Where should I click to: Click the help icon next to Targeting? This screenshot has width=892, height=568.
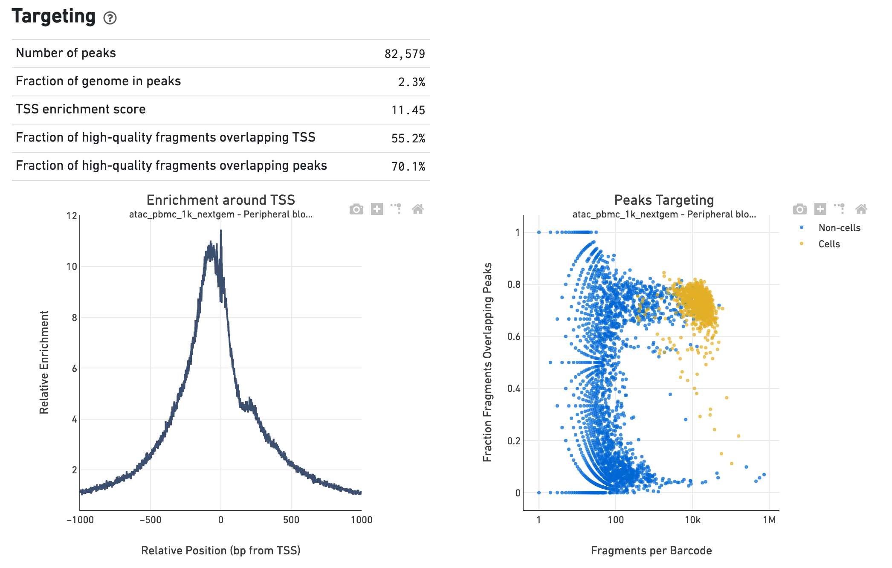click(110, 18)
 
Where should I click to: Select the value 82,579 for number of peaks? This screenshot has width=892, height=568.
click(404, 54)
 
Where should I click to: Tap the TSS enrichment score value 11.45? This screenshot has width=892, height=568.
click(408, 110)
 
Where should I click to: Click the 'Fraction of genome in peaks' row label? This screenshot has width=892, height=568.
click(98, 81)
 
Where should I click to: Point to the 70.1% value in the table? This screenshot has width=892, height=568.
click(408, 166)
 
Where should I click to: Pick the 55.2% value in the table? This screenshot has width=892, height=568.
click(408, 138)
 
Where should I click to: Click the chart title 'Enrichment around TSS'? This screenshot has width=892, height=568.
click(220, 200)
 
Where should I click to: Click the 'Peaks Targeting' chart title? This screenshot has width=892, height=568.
click(663, 200)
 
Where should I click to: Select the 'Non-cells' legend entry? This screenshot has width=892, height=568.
click(839, 228)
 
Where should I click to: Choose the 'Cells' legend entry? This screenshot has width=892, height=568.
click(828, 244)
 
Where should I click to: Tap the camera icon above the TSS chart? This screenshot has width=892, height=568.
click(356, 209)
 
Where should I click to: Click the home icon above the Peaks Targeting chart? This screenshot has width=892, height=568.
click(861, 209)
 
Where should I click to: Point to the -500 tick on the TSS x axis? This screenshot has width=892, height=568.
click(151, 520)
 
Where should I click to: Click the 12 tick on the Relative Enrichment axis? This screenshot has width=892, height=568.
click(72, 216)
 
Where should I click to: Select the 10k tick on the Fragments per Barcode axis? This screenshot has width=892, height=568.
click(692, 520)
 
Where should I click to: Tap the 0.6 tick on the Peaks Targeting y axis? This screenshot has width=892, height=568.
click(513, 336)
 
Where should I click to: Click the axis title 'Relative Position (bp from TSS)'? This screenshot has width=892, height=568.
click(220, 551)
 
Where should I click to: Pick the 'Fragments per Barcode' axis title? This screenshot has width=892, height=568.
click(651, 551)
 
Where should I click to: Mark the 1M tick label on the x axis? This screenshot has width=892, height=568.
click(769, 520)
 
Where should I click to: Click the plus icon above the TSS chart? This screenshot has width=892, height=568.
click(376, 209)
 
